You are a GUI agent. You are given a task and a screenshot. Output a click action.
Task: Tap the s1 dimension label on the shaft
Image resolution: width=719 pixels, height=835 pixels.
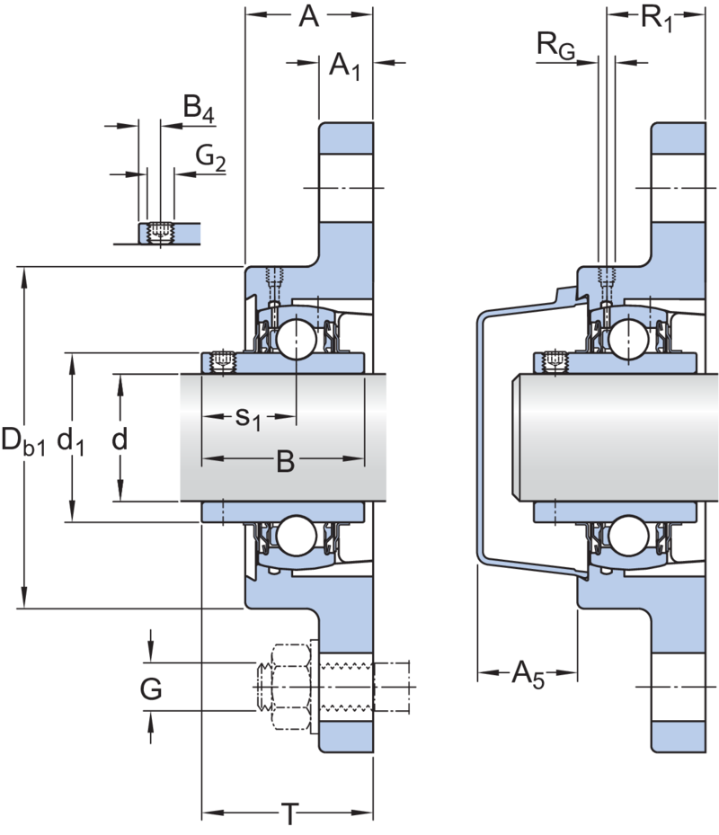click(x=247, y=417)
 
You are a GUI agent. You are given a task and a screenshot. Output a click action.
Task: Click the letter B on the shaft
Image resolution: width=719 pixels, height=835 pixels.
click(x=284, y=462)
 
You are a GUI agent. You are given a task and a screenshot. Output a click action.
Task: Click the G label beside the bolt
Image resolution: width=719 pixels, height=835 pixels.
click(x=151, y=689)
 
